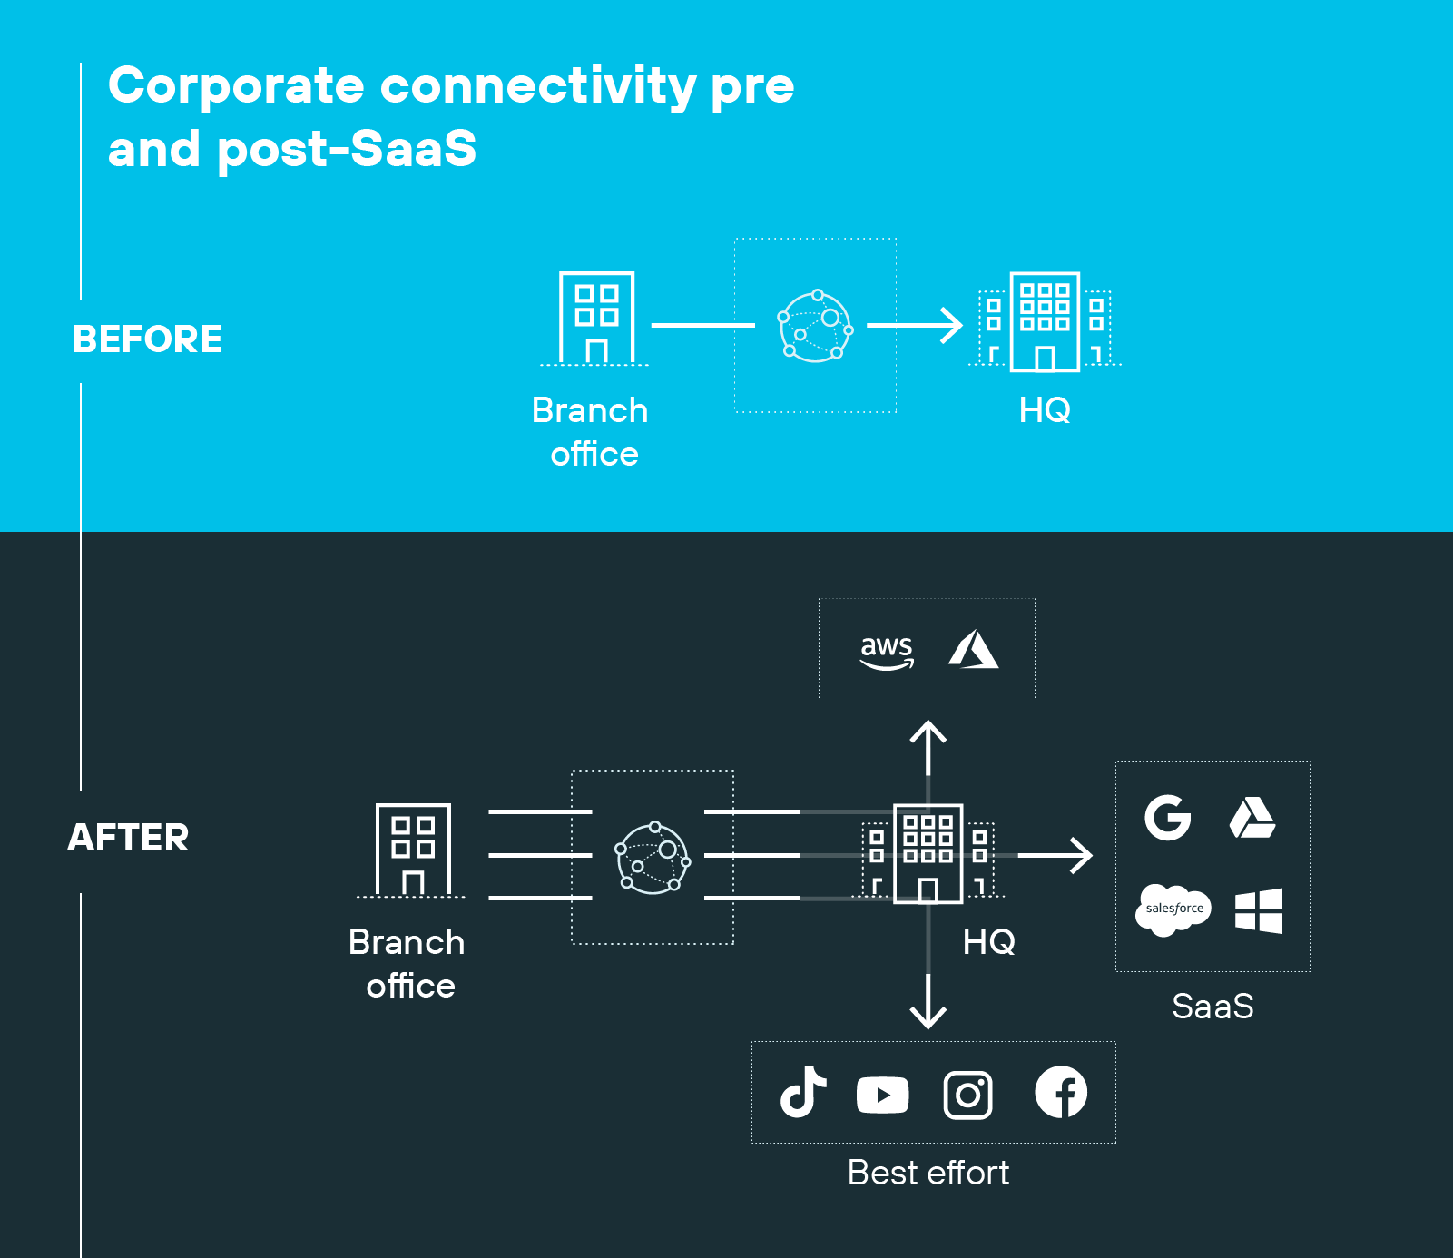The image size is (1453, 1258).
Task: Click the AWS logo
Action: [887, 651]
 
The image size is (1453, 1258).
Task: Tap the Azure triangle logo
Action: [973, 650]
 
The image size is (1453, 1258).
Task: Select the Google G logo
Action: [1167, 818]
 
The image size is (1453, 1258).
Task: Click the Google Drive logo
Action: [1252, 818]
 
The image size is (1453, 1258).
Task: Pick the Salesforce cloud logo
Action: [1173, 909]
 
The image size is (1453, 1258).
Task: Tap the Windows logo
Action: [1259, 910]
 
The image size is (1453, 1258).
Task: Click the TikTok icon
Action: [803, 1092]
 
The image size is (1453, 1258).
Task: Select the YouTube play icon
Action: [882, 1095]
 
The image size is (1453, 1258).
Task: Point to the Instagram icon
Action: [967, 1095]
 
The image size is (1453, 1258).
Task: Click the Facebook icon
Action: [1061, 1092]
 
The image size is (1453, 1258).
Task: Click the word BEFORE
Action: [147, 339]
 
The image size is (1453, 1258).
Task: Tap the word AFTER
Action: [128, 837]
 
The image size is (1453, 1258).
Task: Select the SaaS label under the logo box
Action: [1212, 1006]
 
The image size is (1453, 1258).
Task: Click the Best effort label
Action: [928, 1173]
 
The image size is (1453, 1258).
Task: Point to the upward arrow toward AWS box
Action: [928, 746]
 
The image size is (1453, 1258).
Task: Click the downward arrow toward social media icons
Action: [928, 1003]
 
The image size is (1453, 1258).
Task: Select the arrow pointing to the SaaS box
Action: [1057, 855]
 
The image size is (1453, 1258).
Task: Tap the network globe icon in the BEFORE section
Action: [815, 326]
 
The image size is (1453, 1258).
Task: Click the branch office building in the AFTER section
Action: [413, 850]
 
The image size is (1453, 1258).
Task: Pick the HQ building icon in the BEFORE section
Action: [1045, 322]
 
